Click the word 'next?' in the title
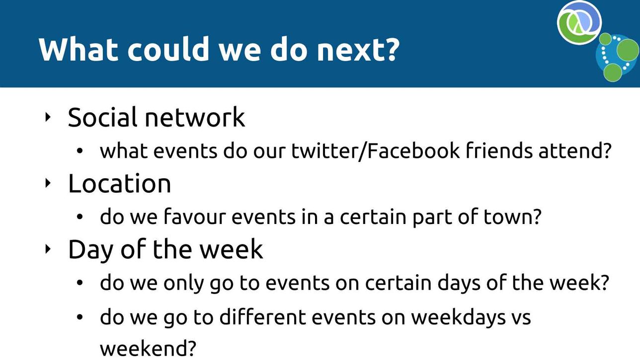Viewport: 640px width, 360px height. pyautogui.click(x=358, y=50)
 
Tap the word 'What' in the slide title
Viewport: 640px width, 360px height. pyautogui.click(x=79, y=49)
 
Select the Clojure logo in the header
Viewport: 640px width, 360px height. pyautogui.click(x=579, y=22)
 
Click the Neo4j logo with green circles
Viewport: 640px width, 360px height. pyautogui.click(x=617, y=57)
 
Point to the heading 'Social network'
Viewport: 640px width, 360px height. pyautogui.click(x=157, y=117)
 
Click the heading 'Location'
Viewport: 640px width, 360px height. pyautogui.click(x=119, y=183)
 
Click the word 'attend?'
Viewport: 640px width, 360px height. pyautogui.click(x=574, y=151)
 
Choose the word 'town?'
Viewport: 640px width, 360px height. pyautogui.click(x=513, y=216)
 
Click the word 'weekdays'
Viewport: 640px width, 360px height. pyautogui.click(x=458, y=318)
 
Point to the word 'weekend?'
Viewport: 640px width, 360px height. pyautogui.click(x=148, y=349)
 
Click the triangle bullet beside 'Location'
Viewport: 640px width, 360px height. pyautogui.click(x=48, y=183)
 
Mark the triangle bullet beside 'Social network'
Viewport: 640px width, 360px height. pyautogui.click(x=48, y=117)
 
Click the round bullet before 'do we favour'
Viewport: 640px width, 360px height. pyautogui.click(x=80, y=217)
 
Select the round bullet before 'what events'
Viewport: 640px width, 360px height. pyautogui.click(x=80, y=151)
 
